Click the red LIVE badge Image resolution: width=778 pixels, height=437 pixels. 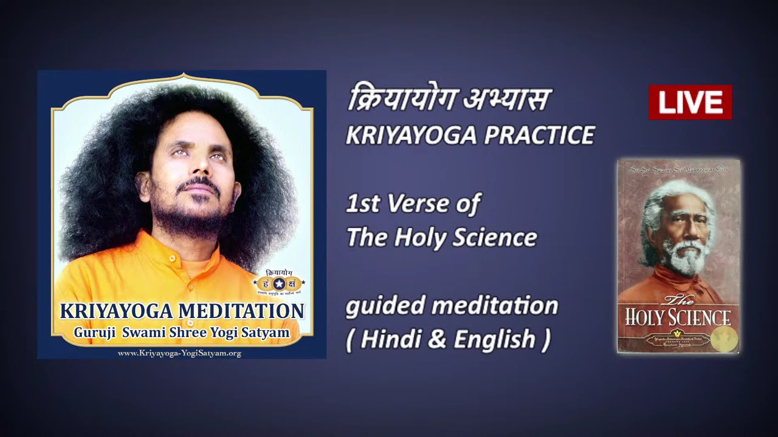(x=690, y=102)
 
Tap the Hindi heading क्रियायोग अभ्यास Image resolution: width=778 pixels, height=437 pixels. (x=449, y=100)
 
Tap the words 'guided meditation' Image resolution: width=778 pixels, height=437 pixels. (x=452, y=305)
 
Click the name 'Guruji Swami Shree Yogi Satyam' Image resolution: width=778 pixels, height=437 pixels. (x=182, y=333)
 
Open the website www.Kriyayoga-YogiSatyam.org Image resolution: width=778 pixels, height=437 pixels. (x=179, y=353)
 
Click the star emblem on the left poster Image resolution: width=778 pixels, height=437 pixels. (x=279, y=283)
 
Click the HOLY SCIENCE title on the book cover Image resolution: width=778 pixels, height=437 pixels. (x=678, y=317)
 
